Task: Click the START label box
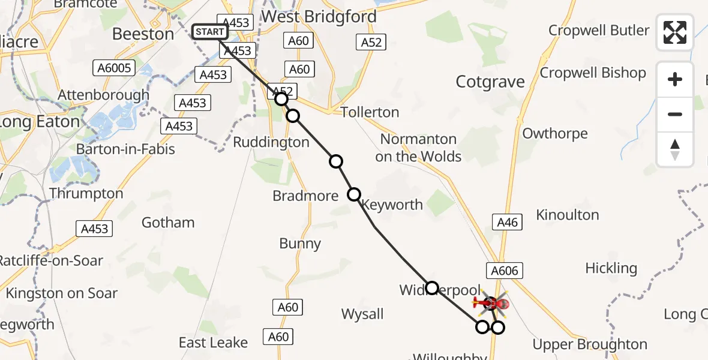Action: (209, 32)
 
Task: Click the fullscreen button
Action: (675, 32)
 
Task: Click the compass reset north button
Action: (675, 149)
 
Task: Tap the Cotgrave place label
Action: (490, 82)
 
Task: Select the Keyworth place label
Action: (393, 205)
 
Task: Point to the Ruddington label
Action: (271, 142)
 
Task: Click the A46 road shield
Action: (507, 223)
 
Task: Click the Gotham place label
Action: (168, 223)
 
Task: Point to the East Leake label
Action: (213, 343)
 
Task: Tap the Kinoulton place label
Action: (567, 215)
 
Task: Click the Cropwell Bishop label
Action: (593, 73)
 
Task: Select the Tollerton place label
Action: (369, 112)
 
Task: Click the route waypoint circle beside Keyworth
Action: (354, 194)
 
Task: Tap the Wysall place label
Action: (362, 314)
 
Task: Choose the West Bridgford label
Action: (319, 17)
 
